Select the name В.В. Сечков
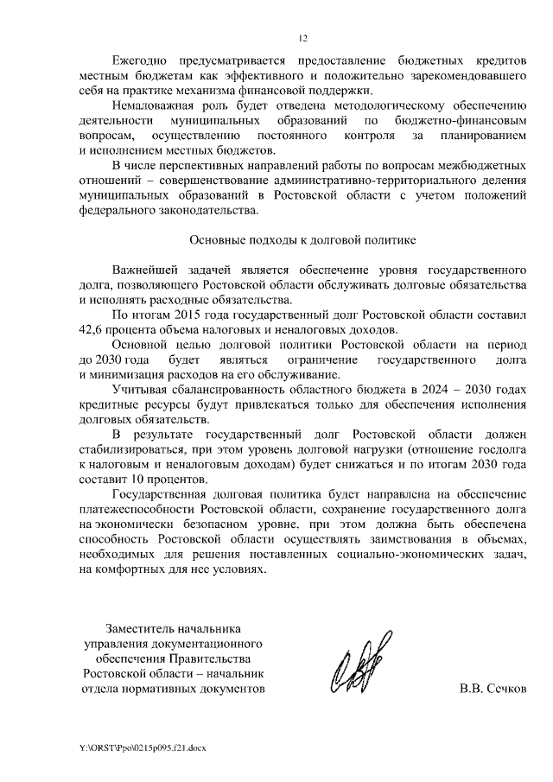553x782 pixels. pos(493,689)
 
